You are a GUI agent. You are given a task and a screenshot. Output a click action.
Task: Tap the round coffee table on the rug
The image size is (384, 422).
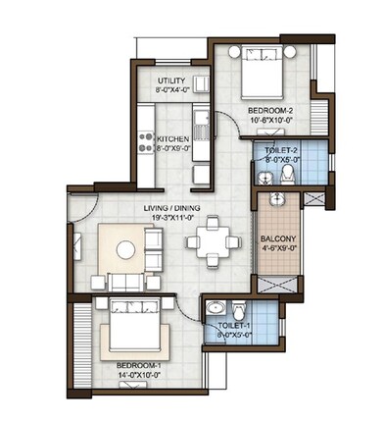pos(125,250)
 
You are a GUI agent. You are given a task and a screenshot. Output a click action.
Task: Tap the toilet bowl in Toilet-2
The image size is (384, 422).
pos(285,178)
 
